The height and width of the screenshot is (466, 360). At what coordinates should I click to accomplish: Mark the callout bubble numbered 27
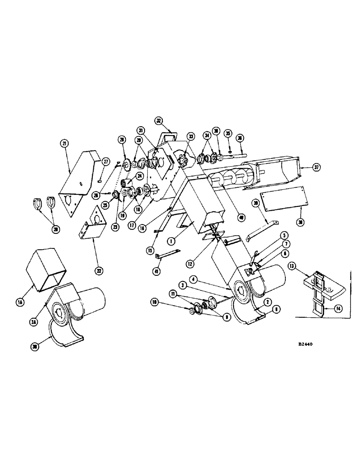pos(106,161)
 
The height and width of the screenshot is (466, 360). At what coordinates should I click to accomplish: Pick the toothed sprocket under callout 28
pos(125,163)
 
